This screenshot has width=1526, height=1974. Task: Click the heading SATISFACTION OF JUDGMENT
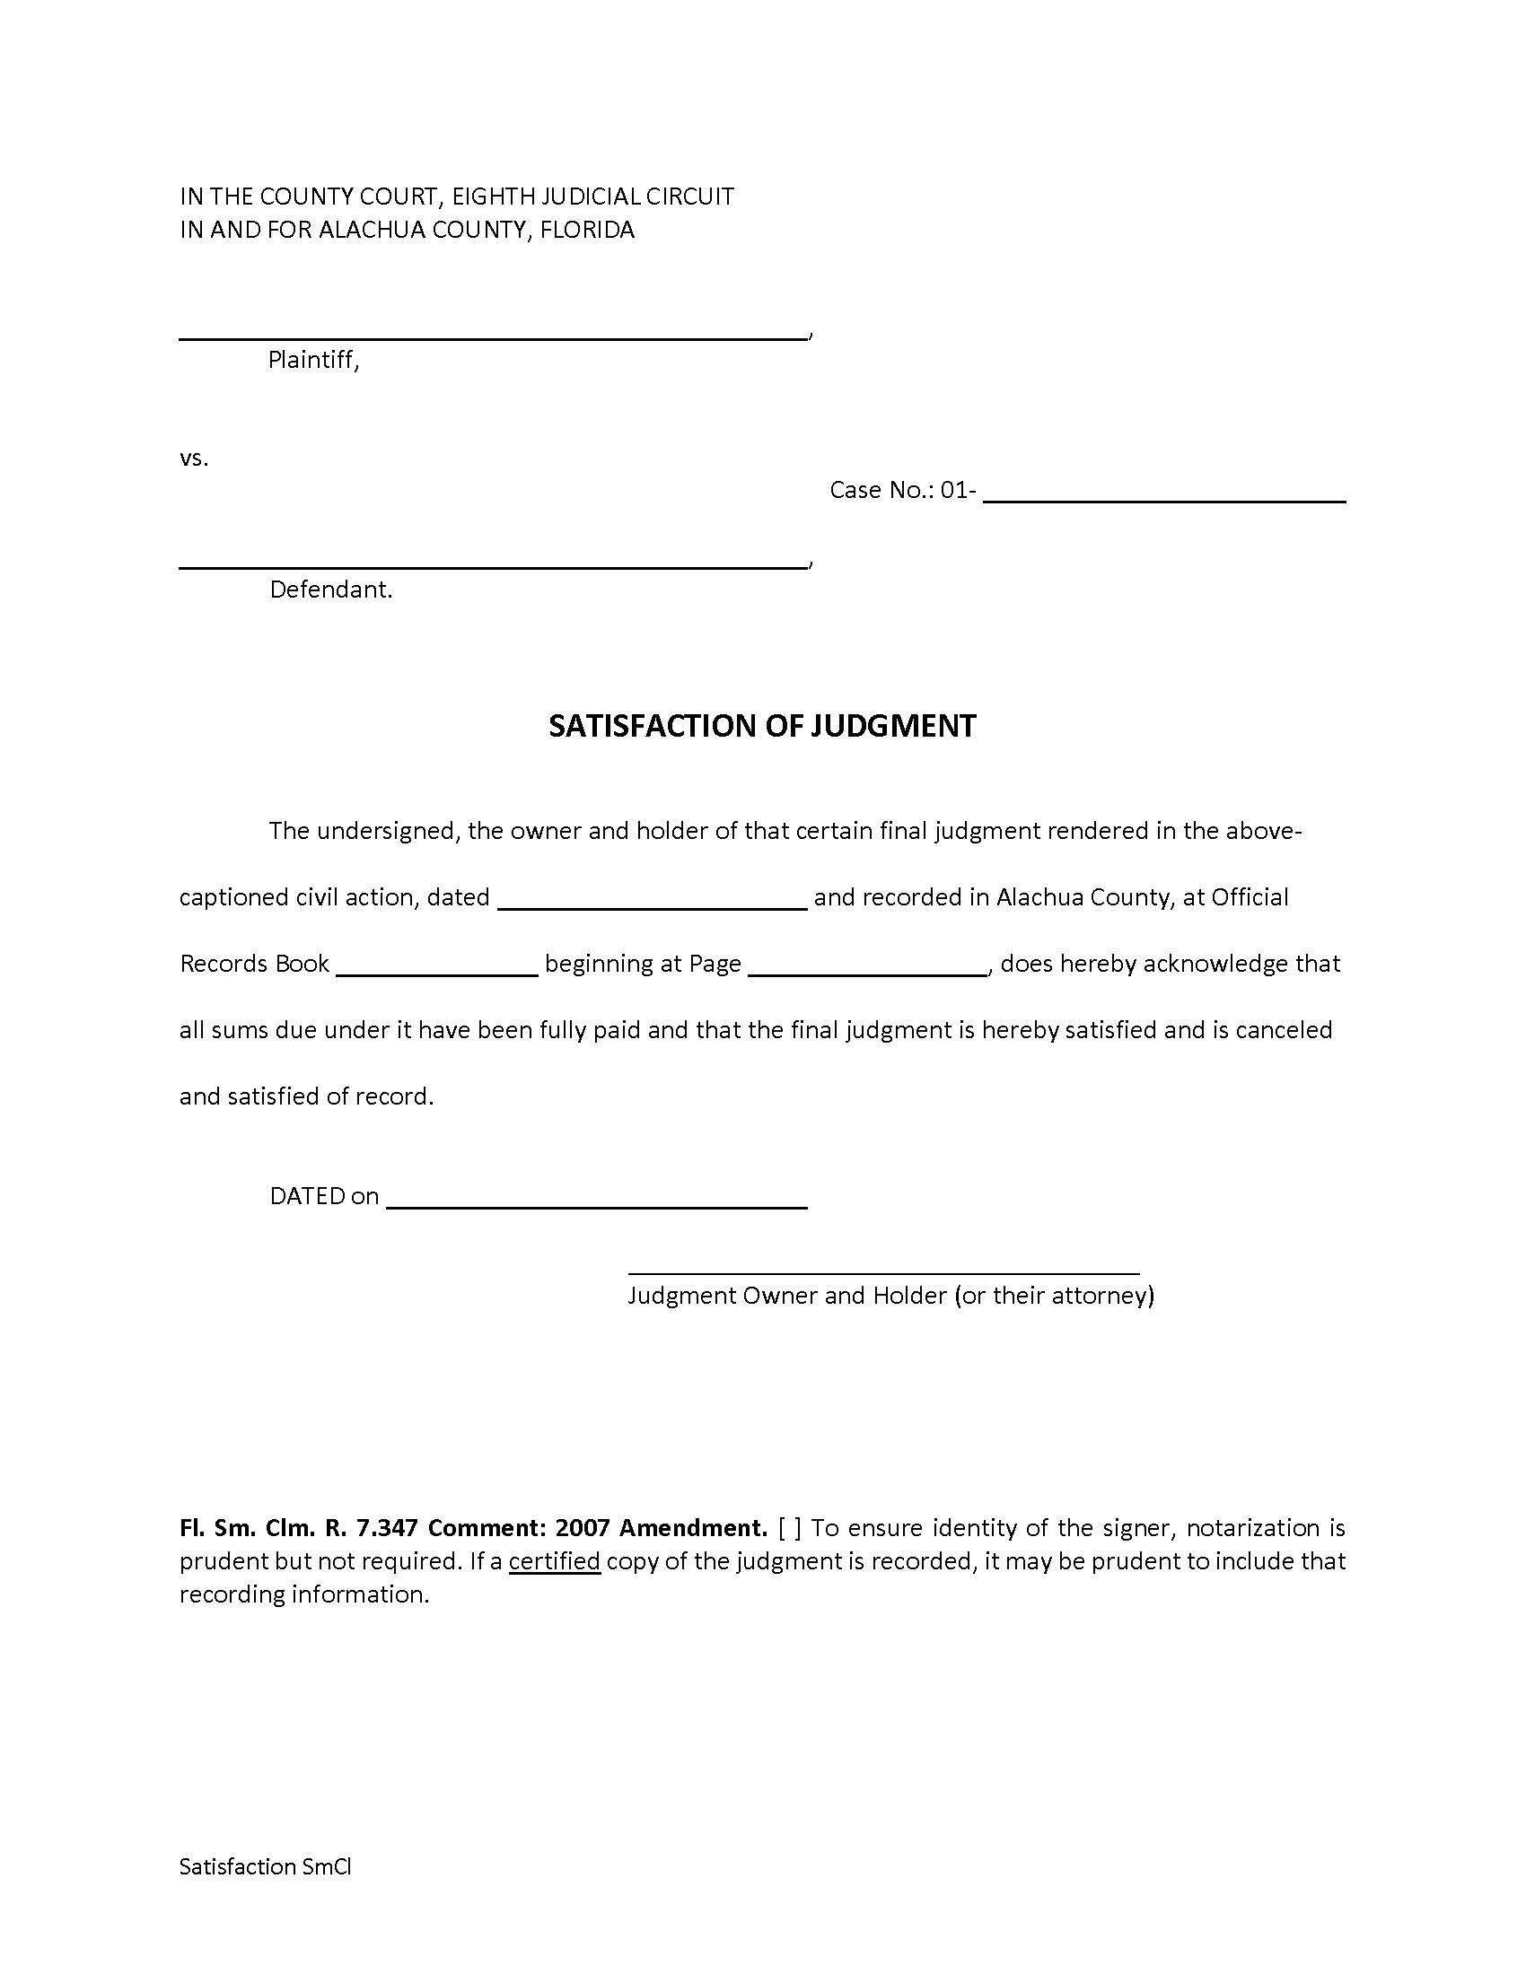(762, 726)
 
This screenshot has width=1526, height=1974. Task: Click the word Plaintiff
(311, 361)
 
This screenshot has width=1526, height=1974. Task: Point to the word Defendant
(330, 590)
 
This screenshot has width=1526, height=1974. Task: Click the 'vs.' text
(194, 459)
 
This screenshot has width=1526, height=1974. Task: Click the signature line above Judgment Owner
(883, 1271)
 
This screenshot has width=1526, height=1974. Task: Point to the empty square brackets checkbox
(789, 1528)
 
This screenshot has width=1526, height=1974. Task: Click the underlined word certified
(554, 1562)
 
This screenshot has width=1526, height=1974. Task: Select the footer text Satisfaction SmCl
(265, 1866)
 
